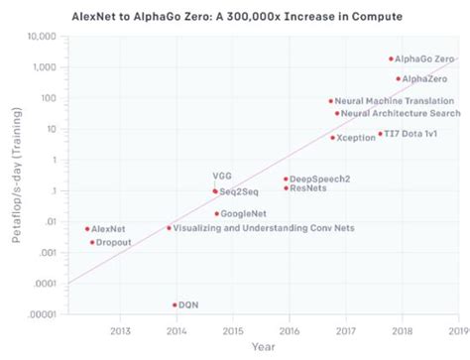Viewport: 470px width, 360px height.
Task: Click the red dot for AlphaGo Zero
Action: [391, 60]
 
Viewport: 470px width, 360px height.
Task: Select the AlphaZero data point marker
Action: [399, 78]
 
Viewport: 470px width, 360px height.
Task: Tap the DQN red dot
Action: [175, 304]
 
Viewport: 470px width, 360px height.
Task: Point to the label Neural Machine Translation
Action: [396, 101]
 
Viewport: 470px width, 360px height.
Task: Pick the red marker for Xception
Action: [332, 138]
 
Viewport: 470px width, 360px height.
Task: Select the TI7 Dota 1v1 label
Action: [414, 134]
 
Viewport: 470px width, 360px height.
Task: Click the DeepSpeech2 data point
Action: [286, 180]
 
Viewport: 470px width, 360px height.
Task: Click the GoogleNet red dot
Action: [216, 213]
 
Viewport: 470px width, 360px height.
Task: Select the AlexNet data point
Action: [87, 229]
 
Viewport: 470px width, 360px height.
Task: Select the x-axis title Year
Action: [263, 347]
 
